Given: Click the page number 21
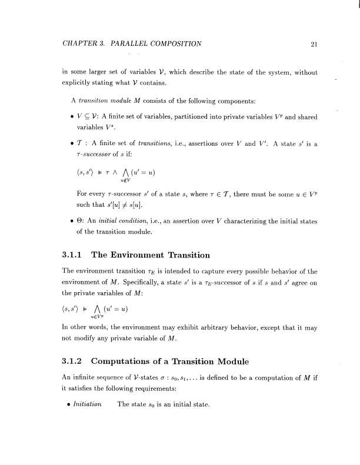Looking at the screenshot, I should [314, 44].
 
